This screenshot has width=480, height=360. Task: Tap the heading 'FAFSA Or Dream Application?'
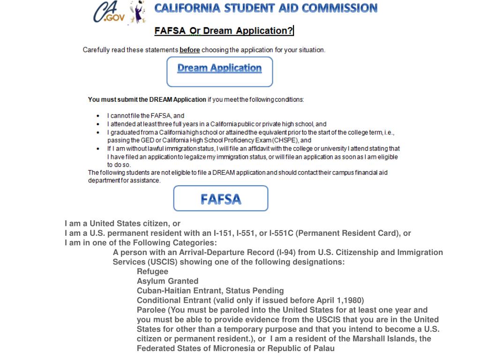click(x=224, y=31)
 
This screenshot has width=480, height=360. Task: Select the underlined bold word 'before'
click(x=189, y=50)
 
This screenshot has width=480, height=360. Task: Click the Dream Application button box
click(x=219, y=71)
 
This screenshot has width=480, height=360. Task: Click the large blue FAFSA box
click(x=221, y=199)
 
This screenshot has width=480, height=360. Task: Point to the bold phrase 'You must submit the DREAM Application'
click(x=147, y=99)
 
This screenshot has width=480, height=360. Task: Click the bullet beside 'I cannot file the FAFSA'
click(x=97, y=116)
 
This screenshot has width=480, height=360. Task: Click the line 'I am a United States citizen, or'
click(x=122, y=224)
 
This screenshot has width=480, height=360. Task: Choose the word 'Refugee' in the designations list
click(x=152, y=271)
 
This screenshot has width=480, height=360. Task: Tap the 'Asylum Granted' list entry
click(x=167, y=281)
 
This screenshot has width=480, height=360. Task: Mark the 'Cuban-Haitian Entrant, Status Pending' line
click(x=210, y=291)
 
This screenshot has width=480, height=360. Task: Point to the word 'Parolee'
click(x=151, y=310)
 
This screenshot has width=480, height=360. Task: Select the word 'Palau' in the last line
click(x=324, y=348)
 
